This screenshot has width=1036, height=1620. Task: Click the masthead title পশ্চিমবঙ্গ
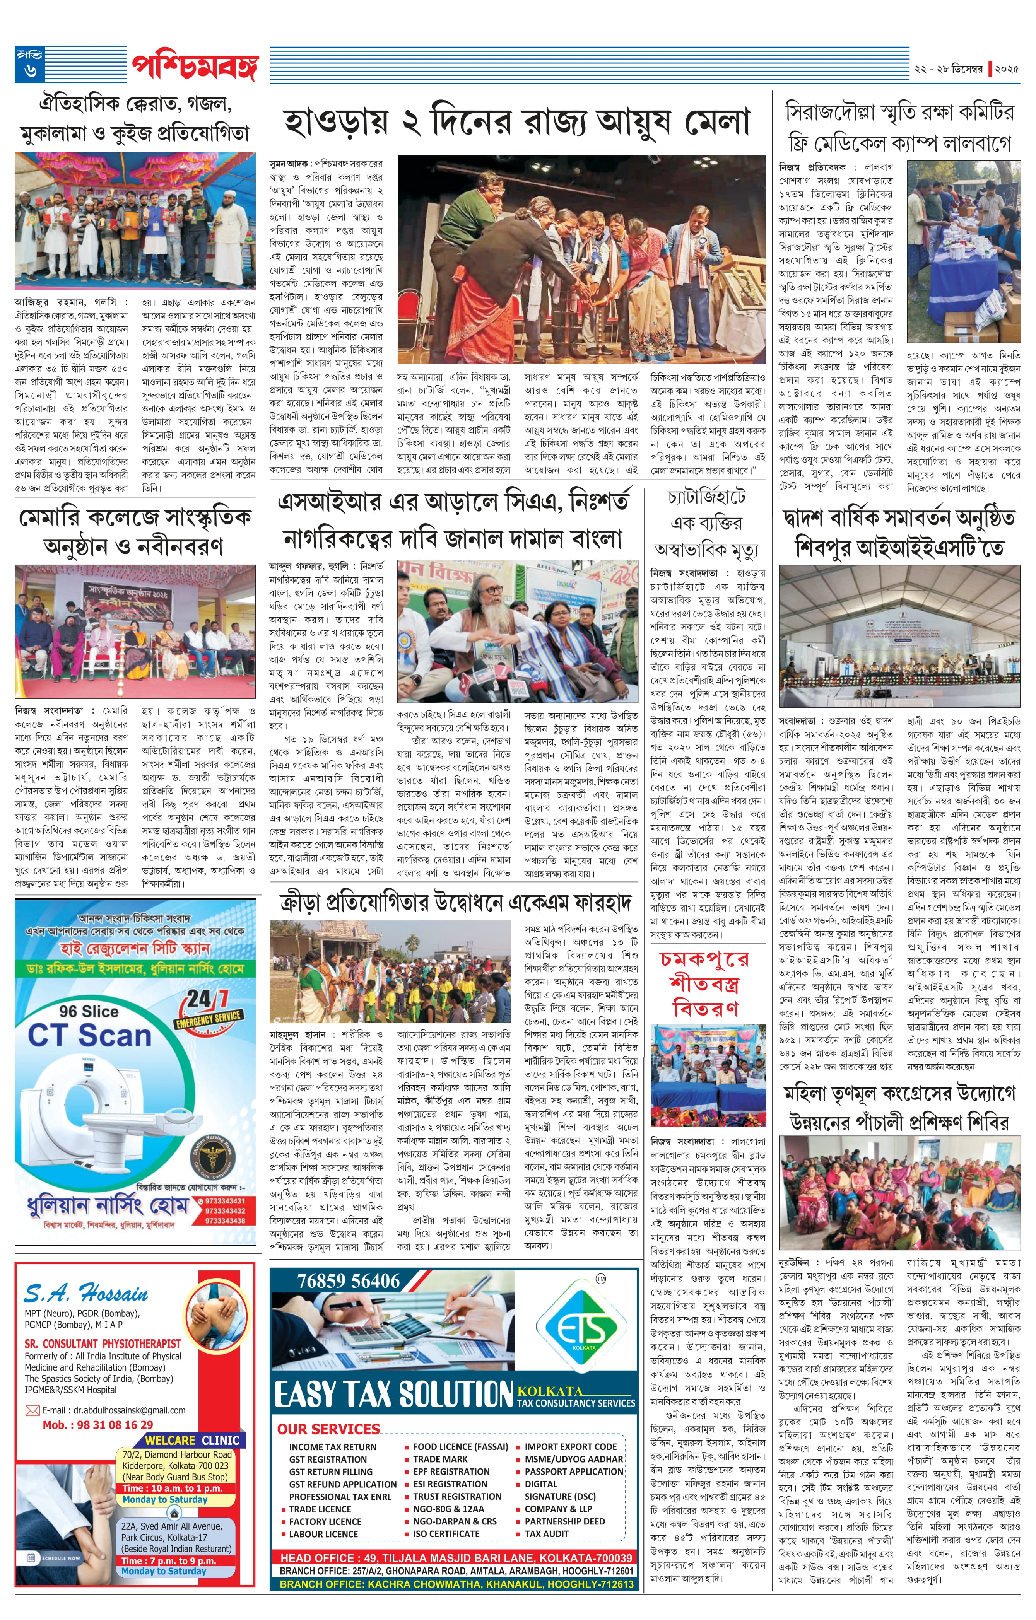pos(195,65)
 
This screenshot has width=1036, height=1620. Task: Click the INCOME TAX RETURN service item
pos(333,1447)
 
